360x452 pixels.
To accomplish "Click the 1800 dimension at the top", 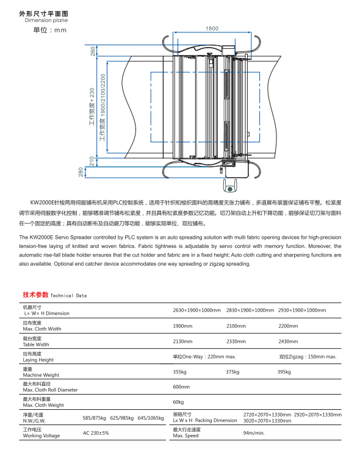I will [x=212, y=29].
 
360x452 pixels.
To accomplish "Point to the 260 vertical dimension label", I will [x=93, y=51].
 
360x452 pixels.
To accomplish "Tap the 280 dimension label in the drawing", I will [x=81, y=172].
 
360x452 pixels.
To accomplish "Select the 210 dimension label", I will [x=93, y=161].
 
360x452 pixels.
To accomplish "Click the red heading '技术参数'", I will [x=34, y=294].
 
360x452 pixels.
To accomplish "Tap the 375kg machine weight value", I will [x=232, y=372].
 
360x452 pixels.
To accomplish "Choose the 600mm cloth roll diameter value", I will [x=182, y=387].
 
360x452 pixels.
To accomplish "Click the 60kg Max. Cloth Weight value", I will [x=179, y=402].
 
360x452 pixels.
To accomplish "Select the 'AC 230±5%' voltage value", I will [x=96, y=433].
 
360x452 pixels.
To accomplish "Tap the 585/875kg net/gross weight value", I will [x=95, y=418].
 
